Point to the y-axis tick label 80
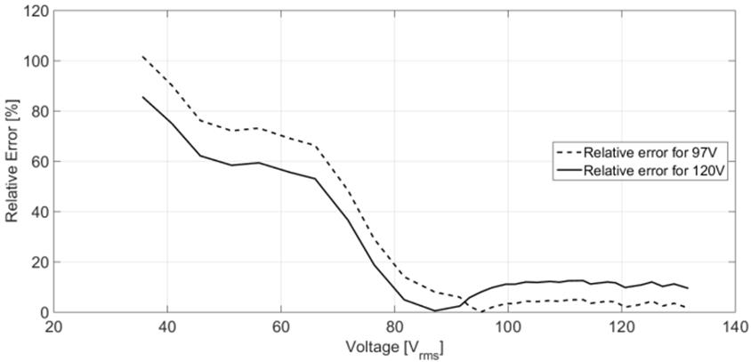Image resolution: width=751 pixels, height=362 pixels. tap(34, 112)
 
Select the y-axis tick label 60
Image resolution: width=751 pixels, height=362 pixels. tap(34, 162)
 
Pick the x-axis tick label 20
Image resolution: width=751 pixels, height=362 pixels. tap(53, 327)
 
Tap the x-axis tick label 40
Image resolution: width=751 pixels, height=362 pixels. tap(167, 327)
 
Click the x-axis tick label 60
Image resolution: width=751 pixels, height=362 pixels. tap(281, 327)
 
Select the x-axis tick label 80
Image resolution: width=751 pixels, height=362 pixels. tap(394, 327)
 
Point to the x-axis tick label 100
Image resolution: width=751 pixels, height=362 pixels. tap(508, 327)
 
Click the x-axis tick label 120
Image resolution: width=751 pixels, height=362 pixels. tap(621, 327)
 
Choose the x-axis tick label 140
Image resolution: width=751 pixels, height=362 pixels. tap(735, 327)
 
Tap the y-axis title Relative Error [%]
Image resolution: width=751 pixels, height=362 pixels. tap(12, 162)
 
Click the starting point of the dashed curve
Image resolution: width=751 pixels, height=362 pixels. tap(142, 56)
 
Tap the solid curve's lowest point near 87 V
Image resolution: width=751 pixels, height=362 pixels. tap(434, 310)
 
